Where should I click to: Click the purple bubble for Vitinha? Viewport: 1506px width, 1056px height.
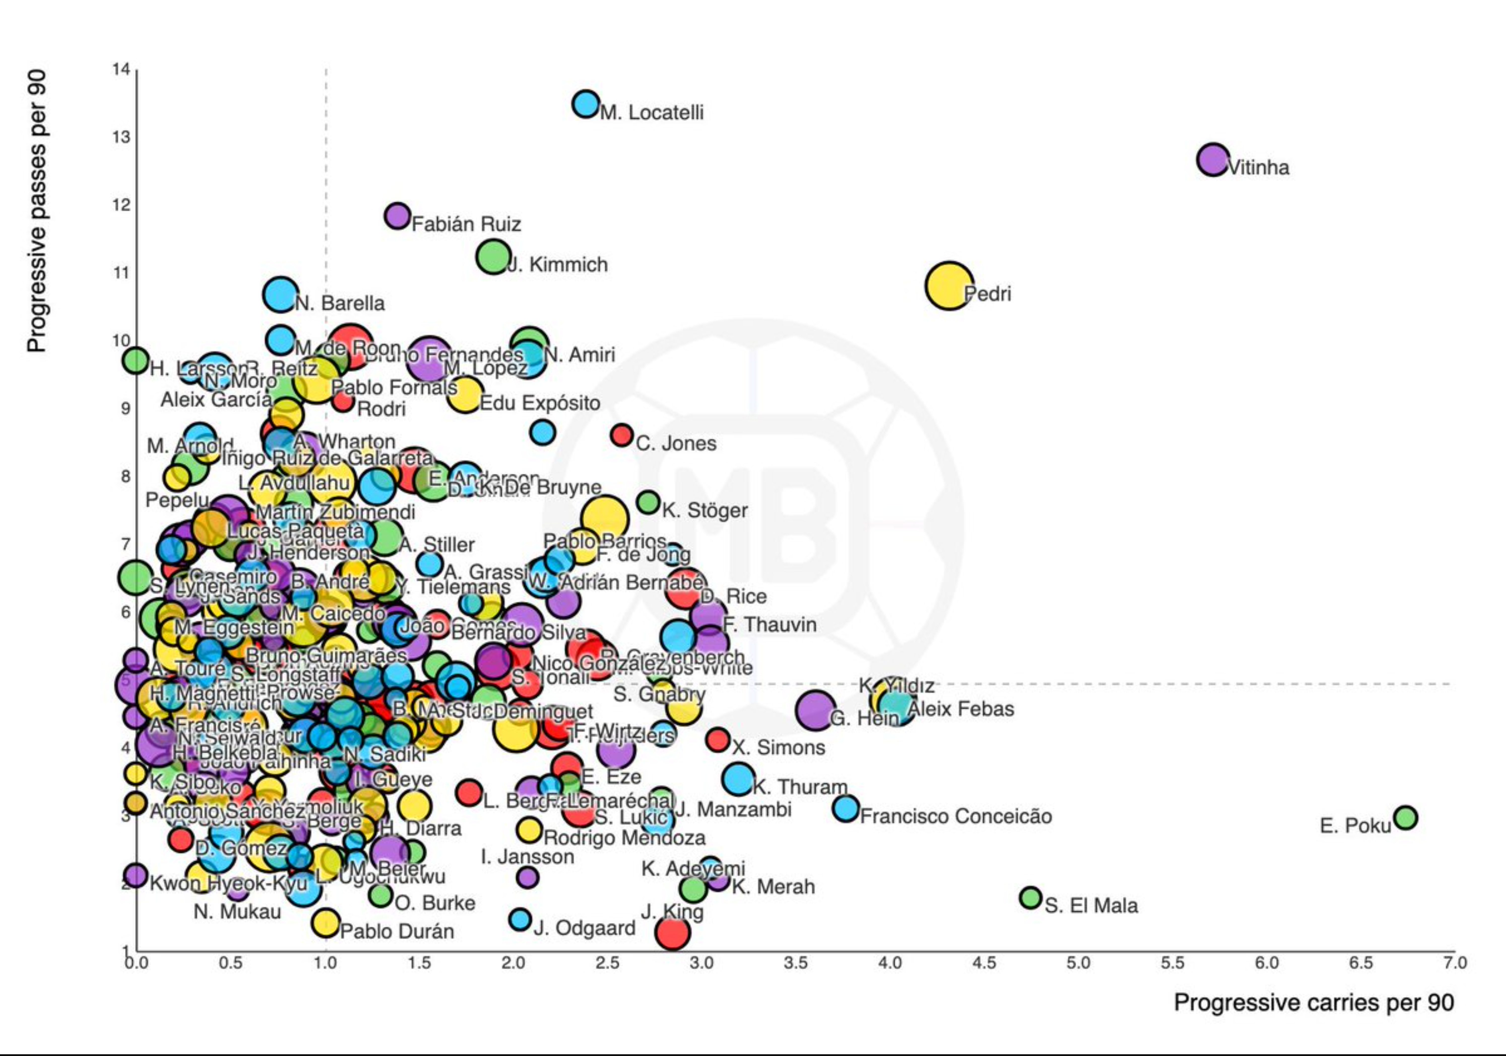click(1213, 159)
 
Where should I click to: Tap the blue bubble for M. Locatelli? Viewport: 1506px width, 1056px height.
click(585, 104)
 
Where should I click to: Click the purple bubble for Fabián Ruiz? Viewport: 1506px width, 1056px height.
click(397, 215)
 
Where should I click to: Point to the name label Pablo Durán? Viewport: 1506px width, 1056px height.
click(397, 931)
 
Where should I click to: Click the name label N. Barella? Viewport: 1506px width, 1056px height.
click(340, 303)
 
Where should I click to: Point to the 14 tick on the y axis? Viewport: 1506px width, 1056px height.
click(121, 69)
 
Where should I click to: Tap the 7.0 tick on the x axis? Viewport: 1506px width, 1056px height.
click(1454, 963)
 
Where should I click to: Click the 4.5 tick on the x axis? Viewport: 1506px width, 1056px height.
click(984, 963)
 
